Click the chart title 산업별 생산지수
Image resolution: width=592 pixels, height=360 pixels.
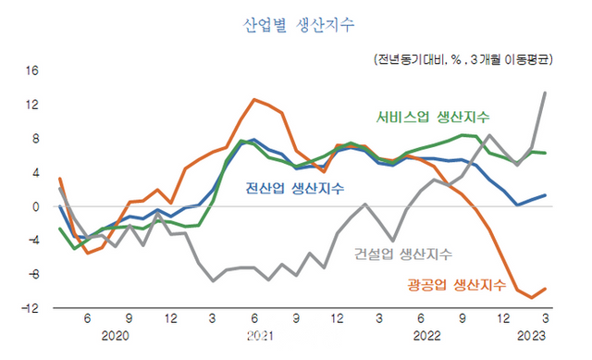[x=297, y=25]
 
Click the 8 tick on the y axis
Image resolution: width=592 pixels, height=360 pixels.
[x=34, y=139]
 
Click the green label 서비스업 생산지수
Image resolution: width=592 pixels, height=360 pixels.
[x=433, y=118]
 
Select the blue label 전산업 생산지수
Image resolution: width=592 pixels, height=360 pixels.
[x=294, y=189]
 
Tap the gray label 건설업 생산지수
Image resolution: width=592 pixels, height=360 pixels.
[x=403, y=254]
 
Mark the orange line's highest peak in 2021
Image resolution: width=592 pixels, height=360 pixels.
[x=254, y=99]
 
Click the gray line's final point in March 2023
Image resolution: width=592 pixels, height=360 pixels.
[x=544, y=93]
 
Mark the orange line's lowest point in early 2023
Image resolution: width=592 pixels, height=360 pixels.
[x=531, y=297]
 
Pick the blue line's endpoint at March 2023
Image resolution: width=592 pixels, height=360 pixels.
[x=544, y=195]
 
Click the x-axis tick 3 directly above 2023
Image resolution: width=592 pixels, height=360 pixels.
[x=544, y=318]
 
